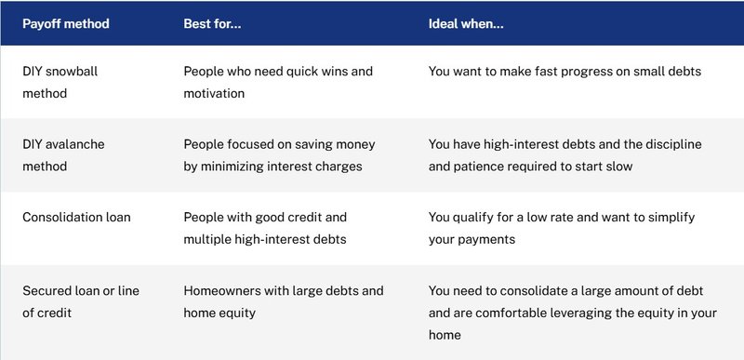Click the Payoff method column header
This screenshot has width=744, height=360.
[x=66, y=23]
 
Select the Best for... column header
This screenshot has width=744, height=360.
[x=212, y=23]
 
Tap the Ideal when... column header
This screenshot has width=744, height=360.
[x=466, y=23]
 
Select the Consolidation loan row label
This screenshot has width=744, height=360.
[x=76, y=217]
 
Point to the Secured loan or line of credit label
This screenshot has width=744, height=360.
[x=81, y=301]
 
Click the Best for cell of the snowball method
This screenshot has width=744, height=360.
[x=277, y=82]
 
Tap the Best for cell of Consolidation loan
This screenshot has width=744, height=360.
[x=265, y=228]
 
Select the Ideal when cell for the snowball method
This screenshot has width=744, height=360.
[x=565, y=71]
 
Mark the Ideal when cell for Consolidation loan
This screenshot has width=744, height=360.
[x=562, y=228]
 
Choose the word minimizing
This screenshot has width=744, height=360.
[x=237, y=167]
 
